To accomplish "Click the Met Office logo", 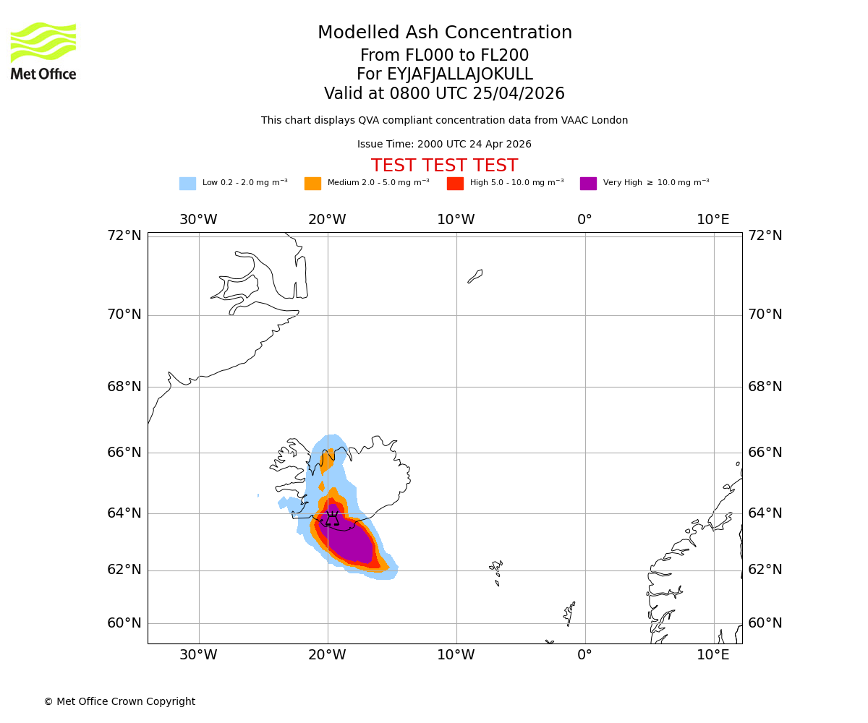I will click(43, 51).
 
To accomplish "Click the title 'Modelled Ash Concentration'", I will click(445, 33).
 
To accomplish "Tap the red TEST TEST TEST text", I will click(444, 166).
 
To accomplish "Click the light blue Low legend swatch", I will click(187, 184).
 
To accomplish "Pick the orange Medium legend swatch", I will click(312, 184).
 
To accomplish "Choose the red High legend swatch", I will click(455, 184).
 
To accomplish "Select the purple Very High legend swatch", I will click(588, 184).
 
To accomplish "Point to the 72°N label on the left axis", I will click(124, 236).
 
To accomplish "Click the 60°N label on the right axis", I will click(765, 623).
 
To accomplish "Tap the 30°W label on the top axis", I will click(198, 220).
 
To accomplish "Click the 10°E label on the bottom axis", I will click(713, 655).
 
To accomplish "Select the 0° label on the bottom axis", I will click(584, 655).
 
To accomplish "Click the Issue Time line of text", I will click(444, 145).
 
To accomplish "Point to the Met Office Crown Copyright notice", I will click(119, 702).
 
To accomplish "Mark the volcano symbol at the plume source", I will click(332, 518).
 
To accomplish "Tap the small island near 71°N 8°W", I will click(475, 276).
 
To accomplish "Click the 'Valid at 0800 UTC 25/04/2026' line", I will click(444, 94).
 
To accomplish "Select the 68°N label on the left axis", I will click(124, 387).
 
